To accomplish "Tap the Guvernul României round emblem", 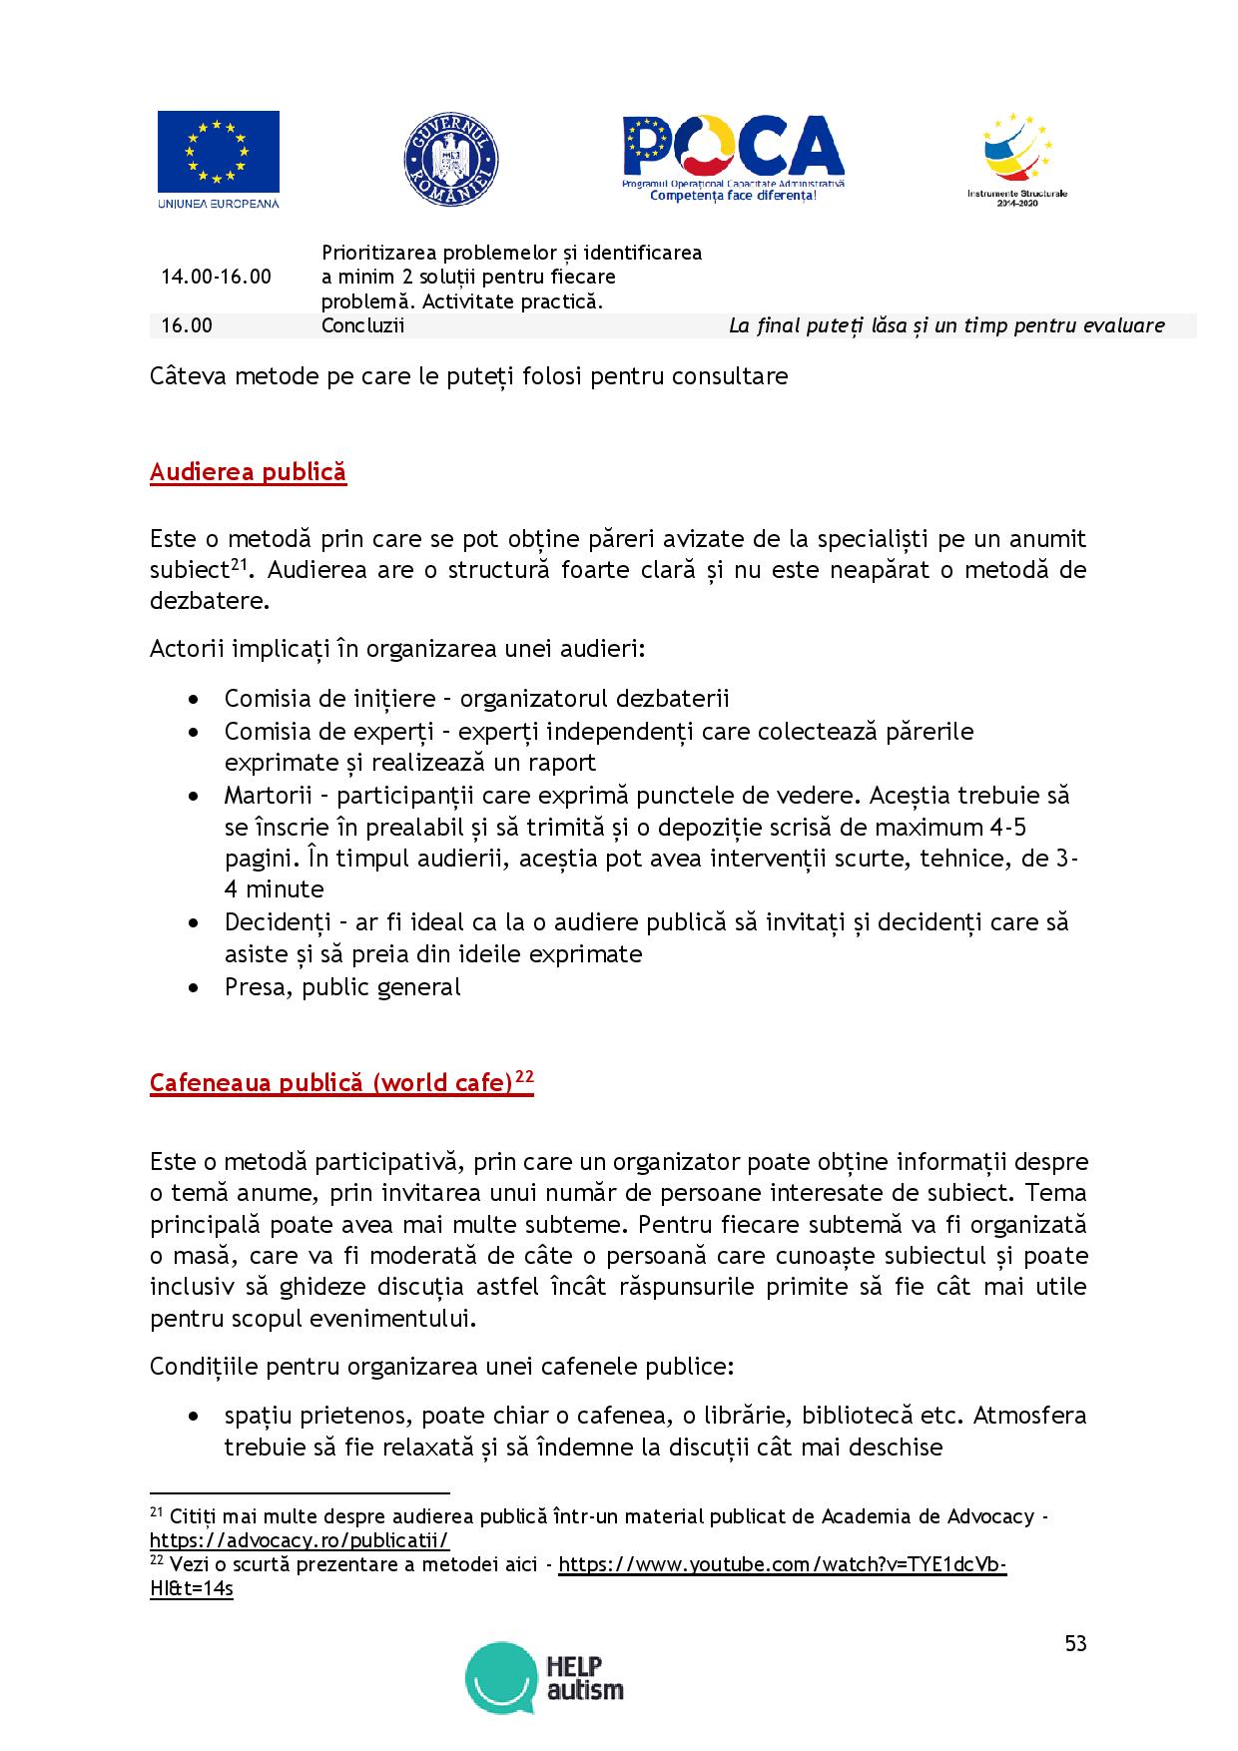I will point(451,160).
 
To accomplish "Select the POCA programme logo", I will point(733,158).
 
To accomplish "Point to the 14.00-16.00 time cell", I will point(216,277).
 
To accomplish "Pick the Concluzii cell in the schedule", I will point(362,325).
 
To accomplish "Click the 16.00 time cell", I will point(187,325).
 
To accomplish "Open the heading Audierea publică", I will point(248,471).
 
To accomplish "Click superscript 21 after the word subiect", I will point(239,565).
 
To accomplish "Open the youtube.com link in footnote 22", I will point(782,1564).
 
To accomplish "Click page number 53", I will point(1075,1643).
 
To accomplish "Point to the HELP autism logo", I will point(544,1677).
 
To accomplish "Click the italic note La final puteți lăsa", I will point(946,325).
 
